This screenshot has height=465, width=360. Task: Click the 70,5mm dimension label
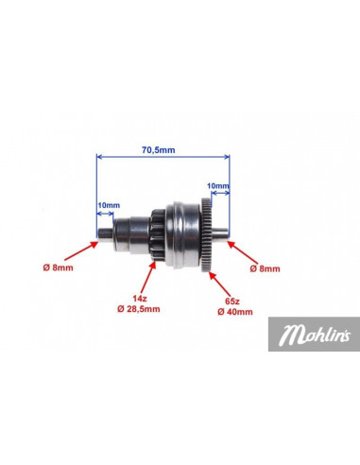coord(158,150)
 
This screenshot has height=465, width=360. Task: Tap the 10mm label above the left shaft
coord(109,205)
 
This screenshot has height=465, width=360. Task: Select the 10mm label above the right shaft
coord(218,186)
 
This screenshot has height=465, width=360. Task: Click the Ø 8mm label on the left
coord(58,267)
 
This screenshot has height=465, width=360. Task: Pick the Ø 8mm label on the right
coord(265,268)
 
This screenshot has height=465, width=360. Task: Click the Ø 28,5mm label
coord(139,309)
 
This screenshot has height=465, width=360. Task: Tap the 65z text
coord(232,301)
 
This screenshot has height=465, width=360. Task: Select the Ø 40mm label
coord(235,312)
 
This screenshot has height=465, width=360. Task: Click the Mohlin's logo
coord(314,334)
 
